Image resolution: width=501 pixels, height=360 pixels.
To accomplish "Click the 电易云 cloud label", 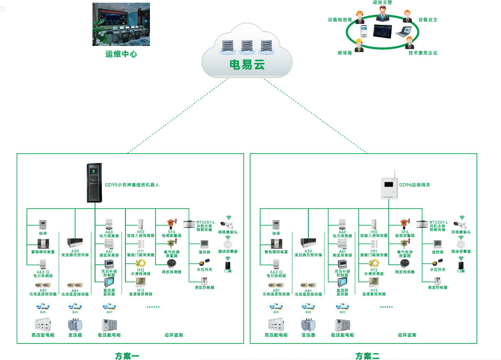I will coord(247,65).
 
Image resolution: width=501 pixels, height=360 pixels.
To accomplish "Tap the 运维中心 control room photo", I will coord(121,24).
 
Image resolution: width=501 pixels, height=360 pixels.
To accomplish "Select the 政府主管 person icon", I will coord(383,14).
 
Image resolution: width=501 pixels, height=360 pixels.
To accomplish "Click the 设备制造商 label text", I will coord(340,19).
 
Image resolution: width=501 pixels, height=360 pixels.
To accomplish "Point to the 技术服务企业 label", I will coord(423,53).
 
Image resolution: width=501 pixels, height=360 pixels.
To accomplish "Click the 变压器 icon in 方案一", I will coord(75,325).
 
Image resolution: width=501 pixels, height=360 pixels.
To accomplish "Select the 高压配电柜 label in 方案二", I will coord(276,335).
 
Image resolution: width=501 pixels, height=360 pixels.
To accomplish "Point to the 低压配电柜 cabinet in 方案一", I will coord(109,325).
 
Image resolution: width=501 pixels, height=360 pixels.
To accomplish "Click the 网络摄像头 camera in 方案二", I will coord(460,222).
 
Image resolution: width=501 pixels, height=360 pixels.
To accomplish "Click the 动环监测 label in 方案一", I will coord(174,335).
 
